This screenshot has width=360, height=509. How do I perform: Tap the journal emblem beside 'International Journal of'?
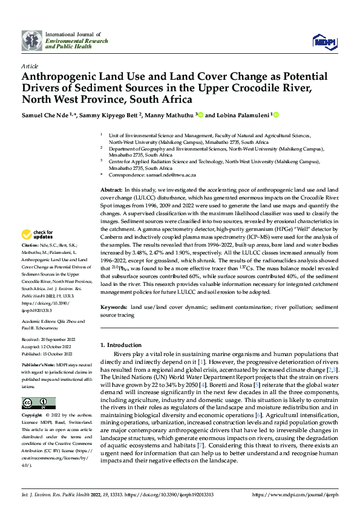32,40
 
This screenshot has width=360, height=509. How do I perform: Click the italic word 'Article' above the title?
30,66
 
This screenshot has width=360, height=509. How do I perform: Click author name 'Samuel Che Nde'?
44,114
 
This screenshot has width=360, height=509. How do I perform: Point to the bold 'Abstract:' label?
111,190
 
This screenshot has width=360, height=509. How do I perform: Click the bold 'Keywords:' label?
113,307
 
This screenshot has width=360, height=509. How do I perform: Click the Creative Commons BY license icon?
38,403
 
